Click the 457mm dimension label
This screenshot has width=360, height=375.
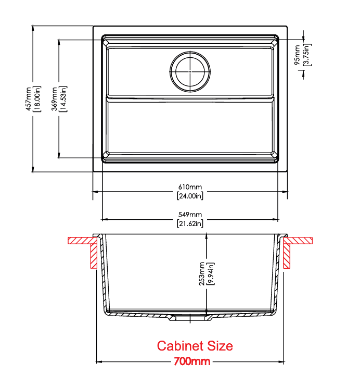pos(29,99)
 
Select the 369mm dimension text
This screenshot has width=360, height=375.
pos(55,99)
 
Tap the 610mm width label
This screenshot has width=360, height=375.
pos(190,187)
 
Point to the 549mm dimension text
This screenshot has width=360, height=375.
pos(190,214)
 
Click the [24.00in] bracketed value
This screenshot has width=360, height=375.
pos(190,196)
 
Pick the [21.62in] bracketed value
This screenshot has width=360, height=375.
pos(190,223)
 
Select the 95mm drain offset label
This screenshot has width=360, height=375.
pos(297,55)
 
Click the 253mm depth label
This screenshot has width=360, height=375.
pos(202,274)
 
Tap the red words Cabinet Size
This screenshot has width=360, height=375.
pos(195,346)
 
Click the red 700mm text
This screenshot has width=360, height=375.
pos(192,361)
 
